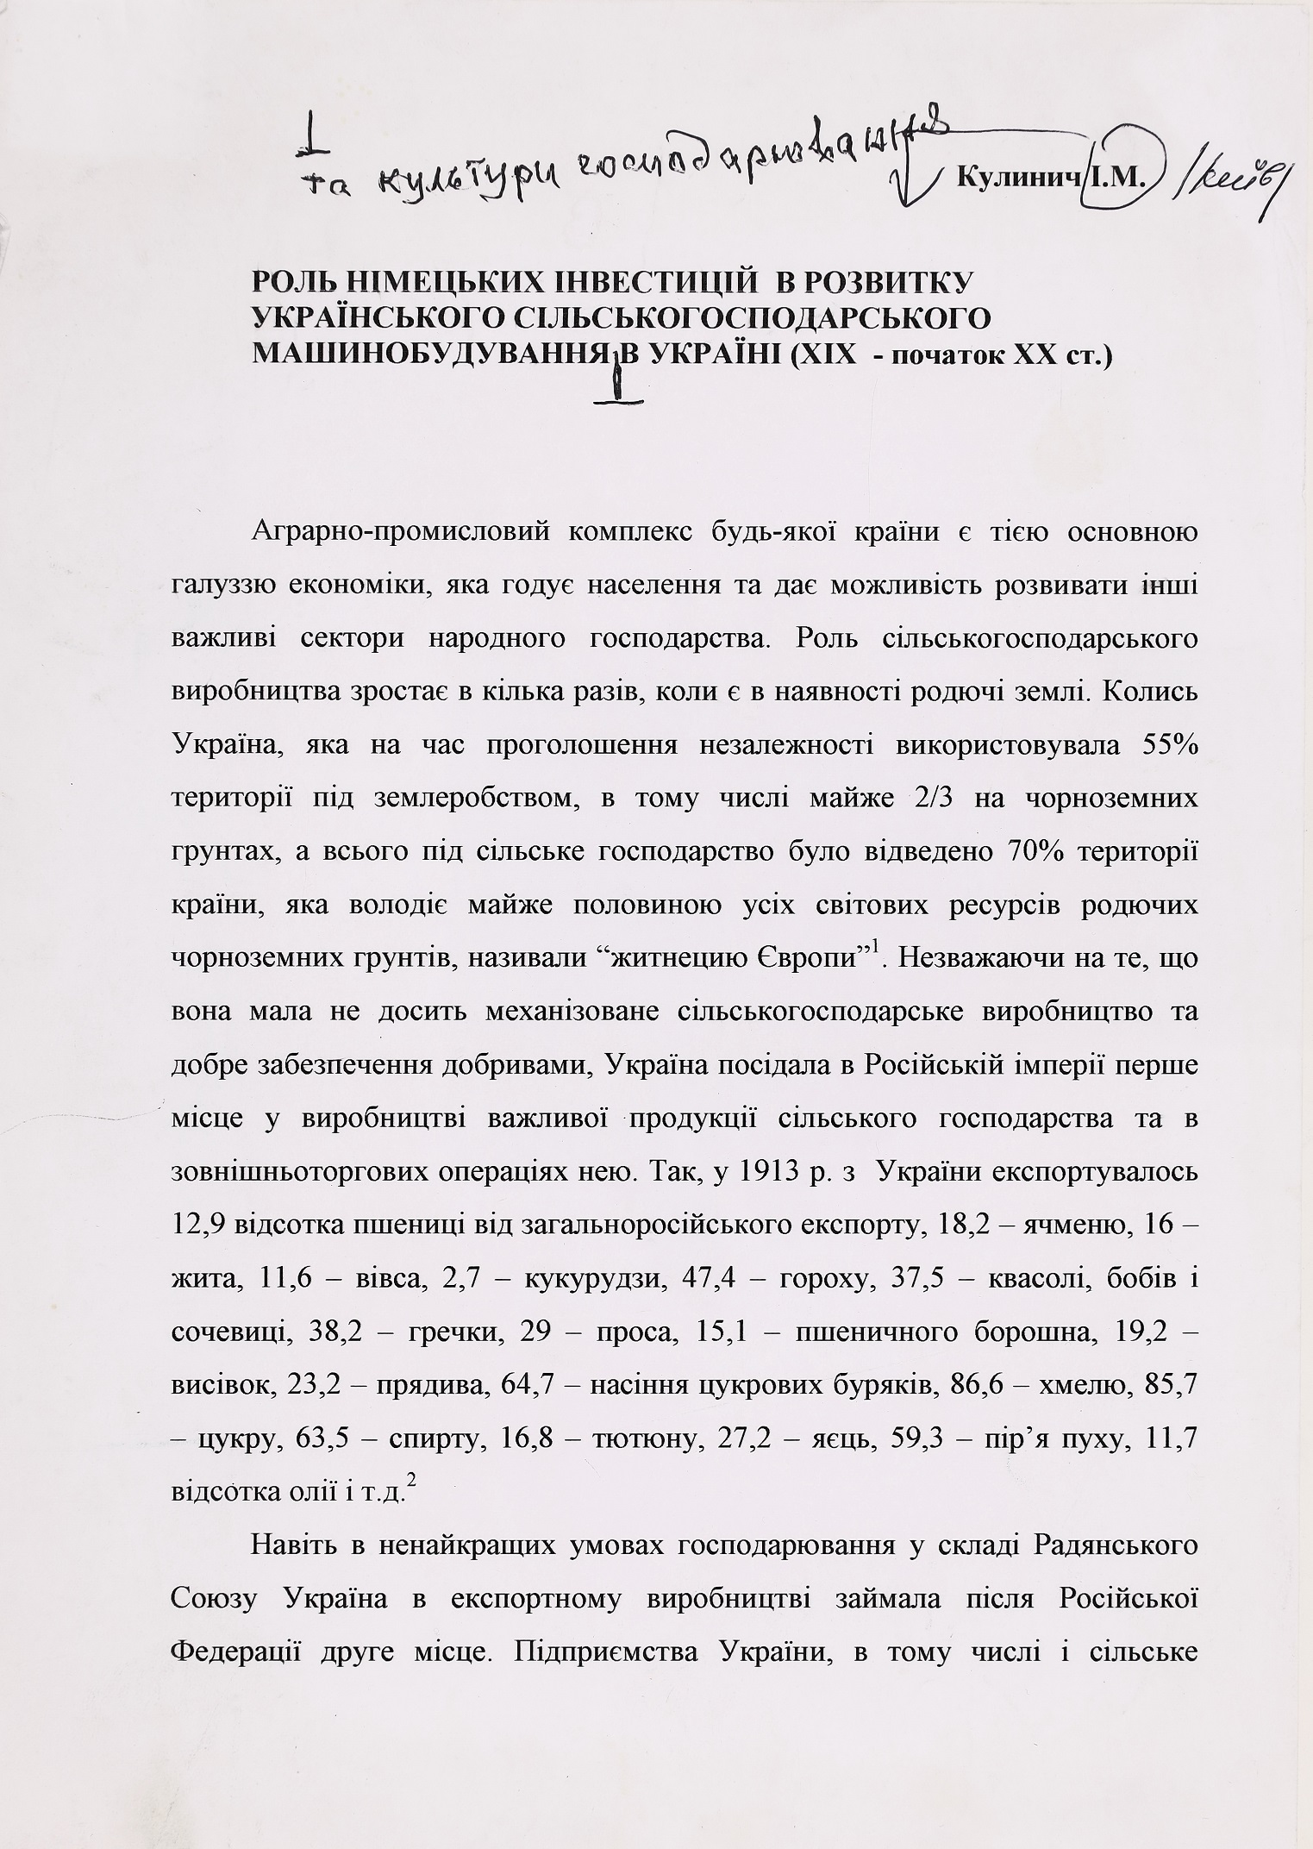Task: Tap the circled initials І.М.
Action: [1118, 179]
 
